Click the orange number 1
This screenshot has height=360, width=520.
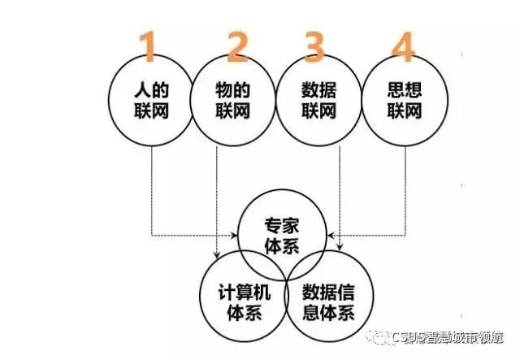coord(148,48)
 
